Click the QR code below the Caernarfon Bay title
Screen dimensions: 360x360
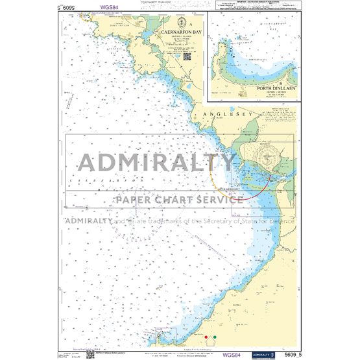click(x=187, y=56)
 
